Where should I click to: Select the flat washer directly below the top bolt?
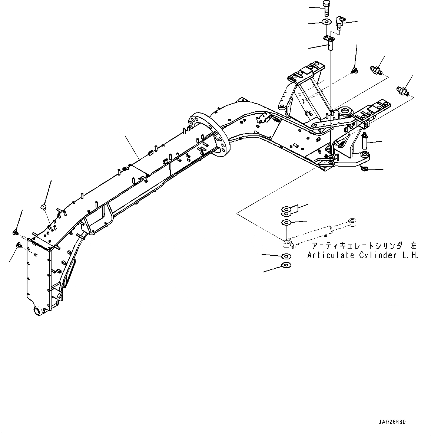click(326, 22)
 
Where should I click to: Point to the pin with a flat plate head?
click(329, 43)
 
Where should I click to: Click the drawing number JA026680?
click(392, 422)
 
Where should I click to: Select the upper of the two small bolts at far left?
click(16, 232)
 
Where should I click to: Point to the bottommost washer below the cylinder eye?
click(286, 265)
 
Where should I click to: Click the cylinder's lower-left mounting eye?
click(287, 243)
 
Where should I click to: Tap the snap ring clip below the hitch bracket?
click(364, 169)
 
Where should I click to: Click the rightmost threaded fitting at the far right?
click(403, 90)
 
